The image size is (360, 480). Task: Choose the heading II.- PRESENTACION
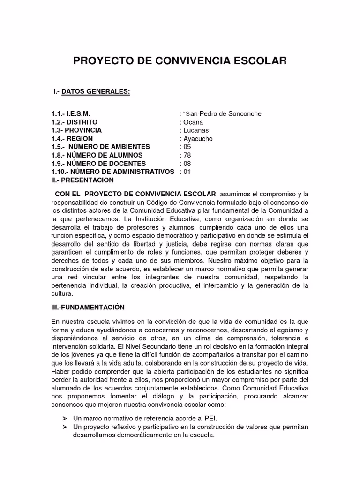tap(82, 180)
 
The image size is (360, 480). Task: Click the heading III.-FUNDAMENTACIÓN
tap(88, 307)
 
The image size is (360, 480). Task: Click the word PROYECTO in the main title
tap(104, 61)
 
